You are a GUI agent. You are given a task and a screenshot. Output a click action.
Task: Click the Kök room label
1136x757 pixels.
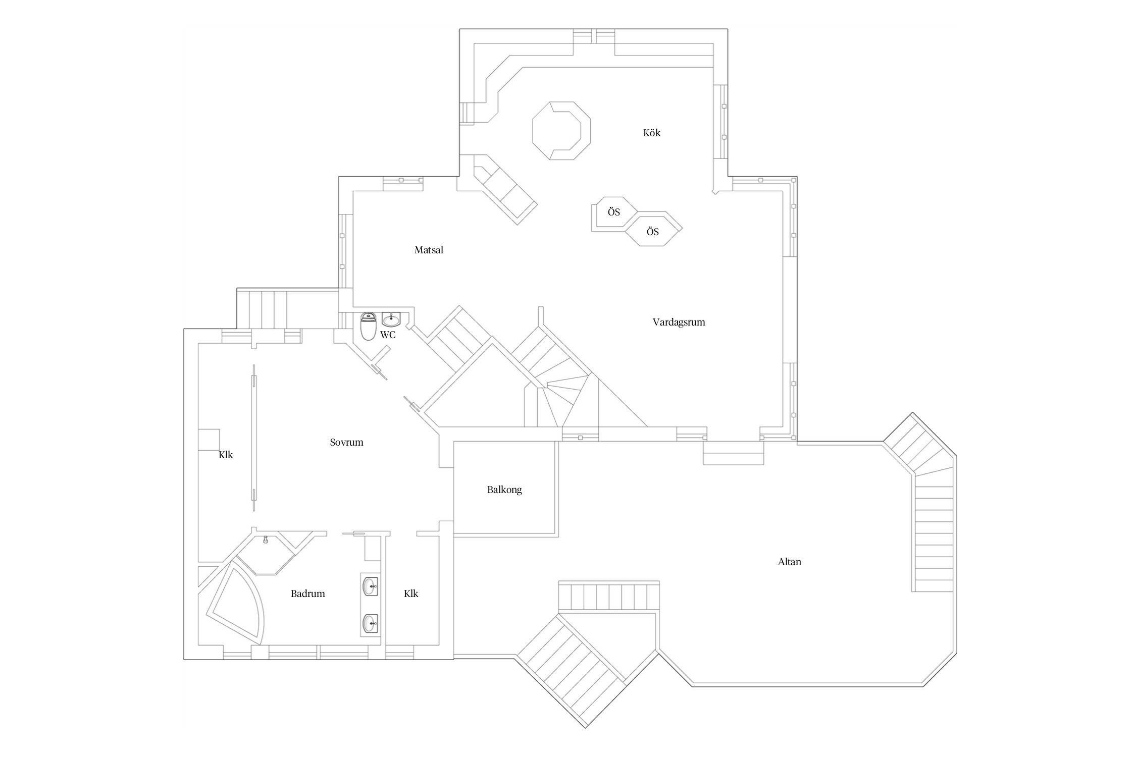click(651, 133)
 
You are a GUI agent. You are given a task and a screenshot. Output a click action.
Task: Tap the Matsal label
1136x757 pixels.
click(429, 250)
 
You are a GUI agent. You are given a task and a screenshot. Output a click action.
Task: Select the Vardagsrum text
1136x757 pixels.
click(679, 322)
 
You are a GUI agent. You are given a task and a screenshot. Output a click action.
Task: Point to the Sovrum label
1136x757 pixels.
click(346, 443)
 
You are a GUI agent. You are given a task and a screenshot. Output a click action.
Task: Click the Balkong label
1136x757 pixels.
click(504, 490)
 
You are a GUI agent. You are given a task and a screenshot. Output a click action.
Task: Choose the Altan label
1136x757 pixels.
click(789, 562)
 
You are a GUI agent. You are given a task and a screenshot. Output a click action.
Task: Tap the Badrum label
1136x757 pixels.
click(307, 594)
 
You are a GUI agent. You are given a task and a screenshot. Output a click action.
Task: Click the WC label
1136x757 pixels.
click(388, 335)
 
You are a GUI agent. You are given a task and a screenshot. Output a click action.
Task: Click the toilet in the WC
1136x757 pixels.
click(369, 327)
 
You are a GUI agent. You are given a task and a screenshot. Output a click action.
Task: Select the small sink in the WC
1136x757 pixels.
click(391, 319)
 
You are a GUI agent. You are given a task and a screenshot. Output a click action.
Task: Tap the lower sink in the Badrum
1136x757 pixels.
click(370, 624)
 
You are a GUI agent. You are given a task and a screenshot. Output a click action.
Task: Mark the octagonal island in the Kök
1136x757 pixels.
click(561, 131)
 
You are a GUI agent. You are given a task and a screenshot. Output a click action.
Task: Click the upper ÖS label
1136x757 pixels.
click(613, 212)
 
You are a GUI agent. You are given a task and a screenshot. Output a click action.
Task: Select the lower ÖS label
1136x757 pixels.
click(652, 232)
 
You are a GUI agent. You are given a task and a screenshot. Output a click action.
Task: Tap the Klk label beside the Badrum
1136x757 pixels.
click(411, 594)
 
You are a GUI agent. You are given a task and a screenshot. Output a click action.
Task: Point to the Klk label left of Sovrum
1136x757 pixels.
click(226, 455)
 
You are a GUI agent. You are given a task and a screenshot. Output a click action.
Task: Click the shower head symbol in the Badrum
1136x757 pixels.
click(266, 540)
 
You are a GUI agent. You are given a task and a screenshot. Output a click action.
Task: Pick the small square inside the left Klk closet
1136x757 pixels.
click(209, 440)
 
